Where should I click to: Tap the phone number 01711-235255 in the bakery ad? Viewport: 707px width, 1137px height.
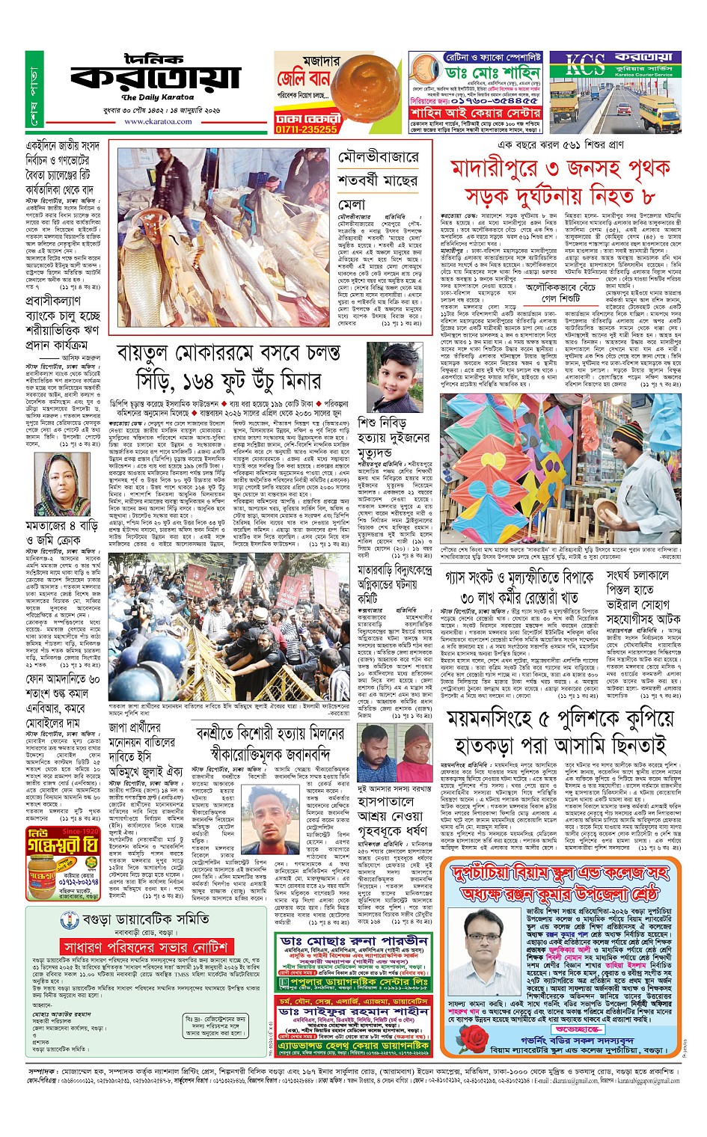pos(306,129)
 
